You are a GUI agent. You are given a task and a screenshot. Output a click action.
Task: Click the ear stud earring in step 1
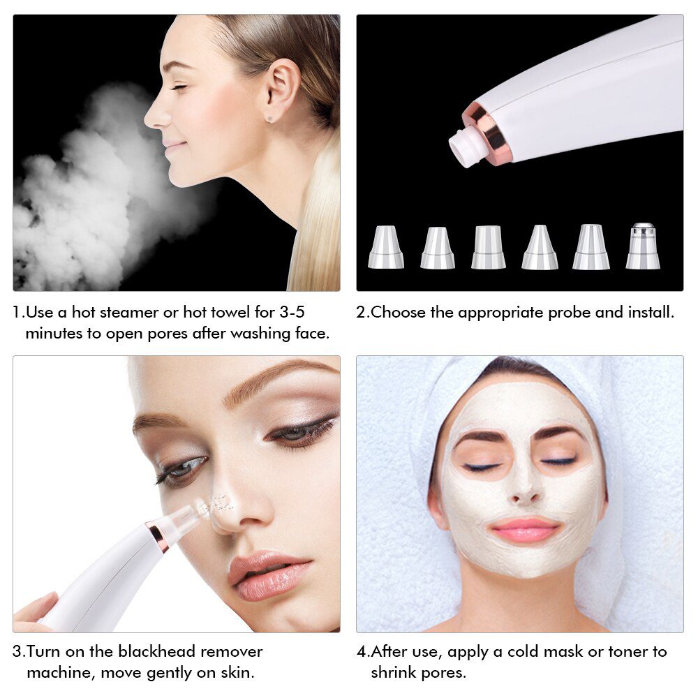(x=271, y=119)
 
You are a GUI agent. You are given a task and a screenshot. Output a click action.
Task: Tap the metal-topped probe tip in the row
(x=643, y=247)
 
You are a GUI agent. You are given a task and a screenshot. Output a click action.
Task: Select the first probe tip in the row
(x=386, y=248)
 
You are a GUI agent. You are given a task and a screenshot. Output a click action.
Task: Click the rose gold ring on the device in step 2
(x=488, y=133)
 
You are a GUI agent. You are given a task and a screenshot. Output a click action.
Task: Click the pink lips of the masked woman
(x=525, y=530)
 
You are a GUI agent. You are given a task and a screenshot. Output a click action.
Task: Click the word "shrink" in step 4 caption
(x=398, y=673)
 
